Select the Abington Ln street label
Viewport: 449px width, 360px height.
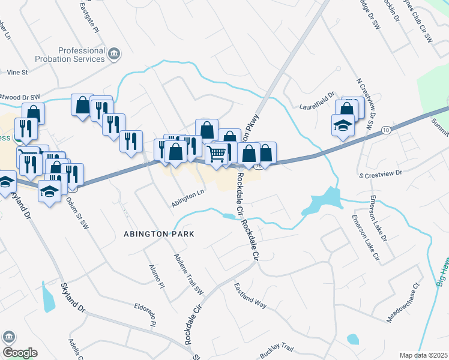[188, 199]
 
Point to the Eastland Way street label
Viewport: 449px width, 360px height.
[250, 295]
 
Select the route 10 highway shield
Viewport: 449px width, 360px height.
[385, 130]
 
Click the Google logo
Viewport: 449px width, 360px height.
[20, 353]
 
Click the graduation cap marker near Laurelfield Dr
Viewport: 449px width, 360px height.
[343, 126]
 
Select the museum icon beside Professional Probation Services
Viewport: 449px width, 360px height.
[114, 56]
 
